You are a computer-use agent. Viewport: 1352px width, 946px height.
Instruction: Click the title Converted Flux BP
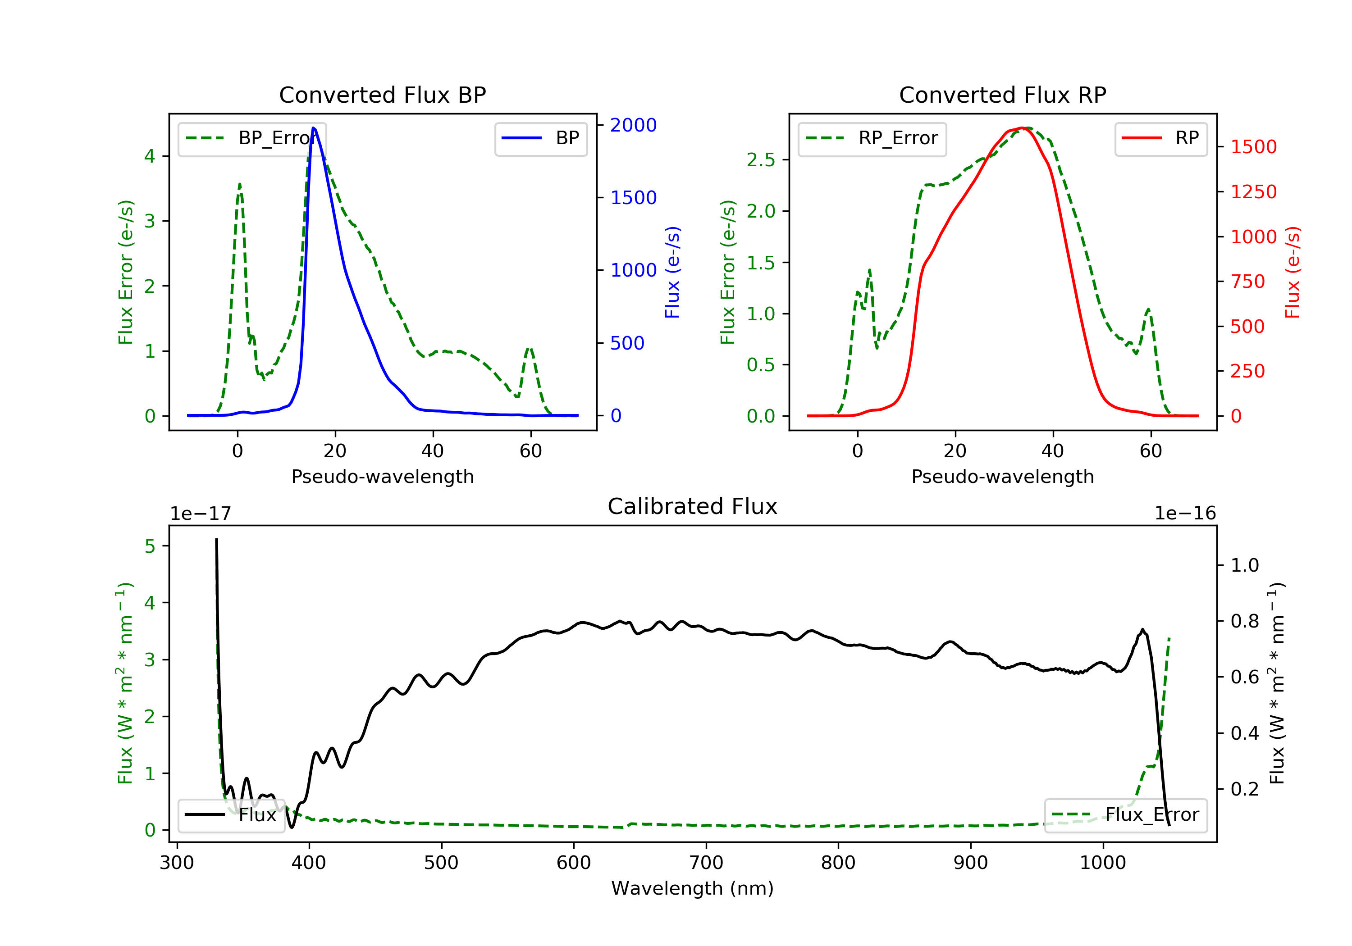382,95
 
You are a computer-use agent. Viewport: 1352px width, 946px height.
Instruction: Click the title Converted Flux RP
1002,95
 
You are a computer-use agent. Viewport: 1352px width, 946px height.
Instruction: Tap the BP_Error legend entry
252,138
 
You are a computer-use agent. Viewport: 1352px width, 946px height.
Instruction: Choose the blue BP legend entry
540,138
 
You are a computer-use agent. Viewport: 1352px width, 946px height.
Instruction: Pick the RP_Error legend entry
872,138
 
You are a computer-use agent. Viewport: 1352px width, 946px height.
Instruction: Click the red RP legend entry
1160,138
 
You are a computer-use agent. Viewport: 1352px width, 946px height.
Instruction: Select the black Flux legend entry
231,815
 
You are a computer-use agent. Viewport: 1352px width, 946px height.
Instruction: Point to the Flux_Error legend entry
1125,815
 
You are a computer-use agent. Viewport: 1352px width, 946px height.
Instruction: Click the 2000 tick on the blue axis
633,125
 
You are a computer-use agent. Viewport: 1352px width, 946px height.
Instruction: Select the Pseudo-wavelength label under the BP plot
382,477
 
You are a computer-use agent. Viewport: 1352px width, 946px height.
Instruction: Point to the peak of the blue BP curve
314,128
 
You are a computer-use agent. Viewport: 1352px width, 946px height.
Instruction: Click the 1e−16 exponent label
1185,514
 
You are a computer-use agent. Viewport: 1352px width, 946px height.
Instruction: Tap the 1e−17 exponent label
200,514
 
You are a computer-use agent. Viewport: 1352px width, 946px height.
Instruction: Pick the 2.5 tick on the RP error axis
761,160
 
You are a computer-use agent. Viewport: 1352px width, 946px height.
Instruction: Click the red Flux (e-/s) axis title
1292,273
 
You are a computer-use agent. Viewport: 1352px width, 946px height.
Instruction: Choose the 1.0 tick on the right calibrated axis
1244,565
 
